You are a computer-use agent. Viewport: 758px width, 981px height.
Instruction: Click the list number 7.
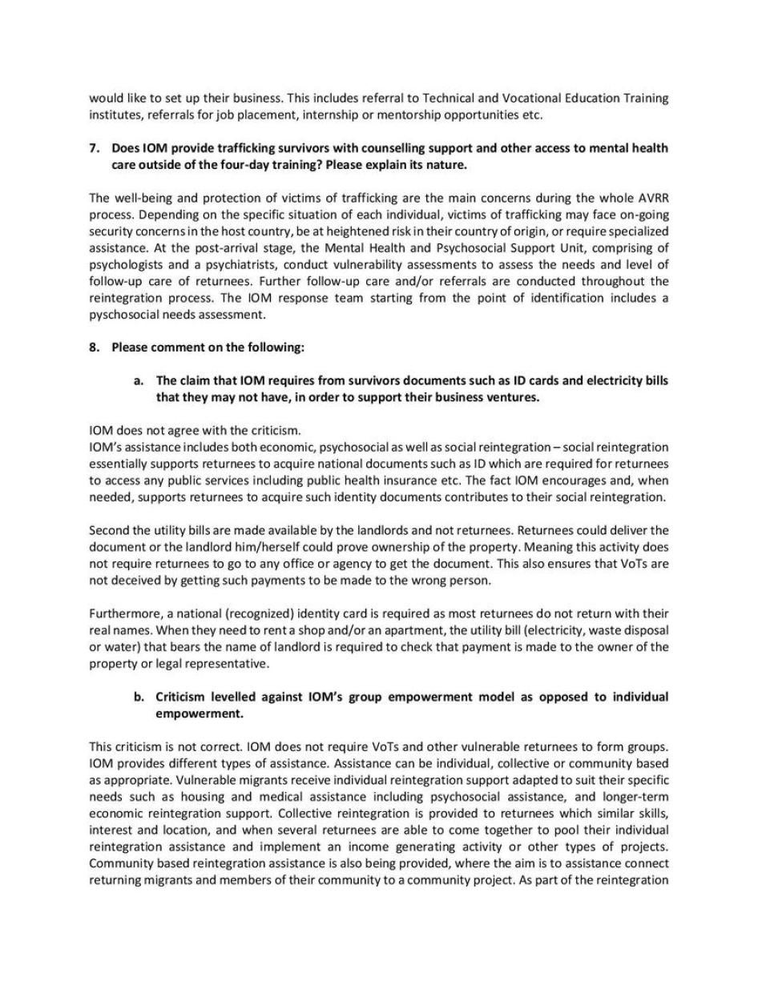coord(94,149)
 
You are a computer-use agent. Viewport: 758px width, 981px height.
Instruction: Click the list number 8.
coord(94,348)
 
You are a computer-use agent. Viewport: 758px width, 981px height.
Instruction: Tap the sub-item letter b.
coord(139,698)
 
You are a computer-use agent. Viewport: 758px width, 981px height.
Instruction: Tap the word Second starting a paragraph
coord(108,530)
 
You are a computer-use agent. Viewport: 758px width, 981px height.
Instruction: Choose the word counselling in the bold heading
coord(349,149)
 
